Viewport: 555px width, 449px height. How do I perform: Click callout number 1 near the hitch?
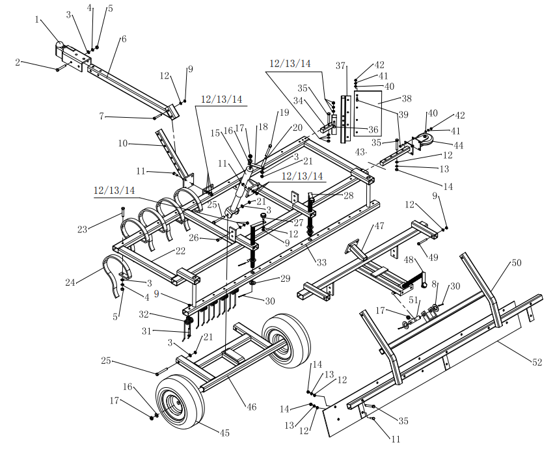37,19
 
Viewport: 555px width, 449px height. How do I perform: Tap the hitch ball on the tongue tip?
61,46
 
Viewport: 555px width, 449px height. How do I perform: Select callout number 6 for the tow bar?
123,39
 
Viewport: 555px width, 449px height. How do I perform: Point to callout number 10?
122,143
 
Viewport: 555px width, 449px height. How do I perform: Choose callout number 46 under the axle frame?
251,407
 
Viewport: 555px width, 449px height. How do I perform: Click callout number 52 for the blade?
537,363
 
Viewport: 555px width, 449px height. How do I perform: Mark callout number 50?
516,263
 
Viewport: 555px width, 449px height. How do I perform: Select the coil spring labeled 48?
414,279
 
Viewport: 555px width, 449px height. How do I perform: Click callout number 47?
379,226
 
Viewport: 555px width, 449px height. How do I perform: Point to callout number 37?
340,66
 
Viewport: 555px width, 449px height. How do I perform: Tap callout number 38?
407,99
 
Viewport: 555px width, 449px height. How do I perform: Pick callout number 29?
284,279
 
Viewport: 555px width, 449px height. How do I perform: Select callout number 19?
283,113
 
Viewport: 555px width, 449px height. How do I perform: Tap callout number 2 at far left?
18,62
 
